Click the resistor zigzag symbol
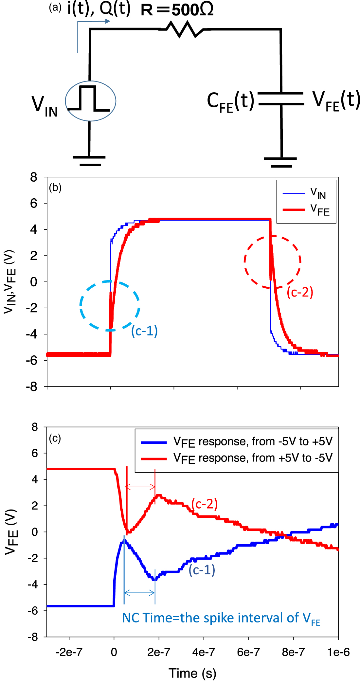coord(182,29)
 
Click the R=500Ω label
coord(177,10)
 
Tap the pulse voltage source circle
coord(90,101)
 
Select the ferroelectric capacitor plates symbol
coord(281,99)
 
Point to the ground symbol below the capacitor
coord(280,162)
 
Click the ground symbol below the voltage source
coord(89,161)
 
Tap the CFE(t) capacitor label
coord(230,101)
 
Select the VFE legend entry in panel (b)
coord(306,210)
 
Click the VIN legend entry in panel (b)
coord(306,193)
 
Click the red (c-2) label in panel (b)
coord(300,292)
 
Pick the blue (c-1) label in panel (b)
coord(144,331)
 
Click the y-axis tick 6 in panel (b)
coord(34,204)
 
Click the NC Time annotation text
coord(221,619)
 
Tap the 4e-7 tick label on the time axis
coord(204,652)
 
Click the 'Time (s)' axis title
coord(192,673)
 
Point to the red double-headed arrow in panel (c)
coord(141,487)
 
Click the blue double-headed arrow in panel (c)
coord(139,593)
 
